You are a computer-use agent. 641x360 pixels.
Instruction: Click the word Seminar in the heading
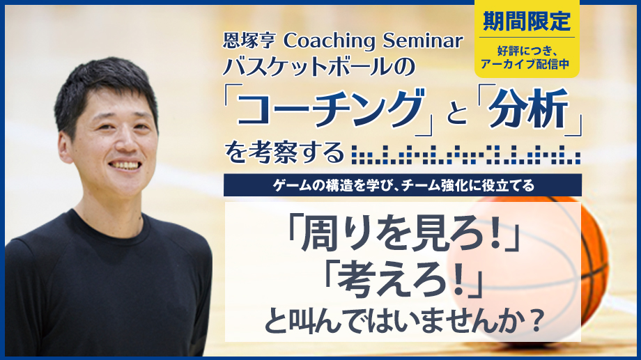(423, 40)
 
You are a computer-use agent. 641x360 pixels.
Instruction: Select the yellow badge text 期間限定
(527, 21)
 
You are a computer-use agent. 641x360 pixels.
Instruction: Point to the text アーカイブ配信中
(525, 64)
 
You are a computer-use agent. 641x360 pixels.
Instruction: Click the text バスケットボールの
(319, 67)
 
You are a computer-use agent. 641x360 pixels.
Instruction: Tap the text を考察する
(285, 152)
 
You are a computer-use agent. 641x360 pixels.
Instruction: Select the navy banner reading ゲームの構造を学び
(403, 185)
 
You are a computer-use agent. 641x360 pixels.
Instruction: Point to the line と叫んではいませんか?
(404, 321)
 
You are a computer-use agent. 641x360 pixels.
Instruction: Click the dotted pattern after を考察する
(465, 155)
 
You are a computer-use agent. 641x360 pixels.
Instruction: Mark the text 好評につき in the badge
(525, 51)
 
